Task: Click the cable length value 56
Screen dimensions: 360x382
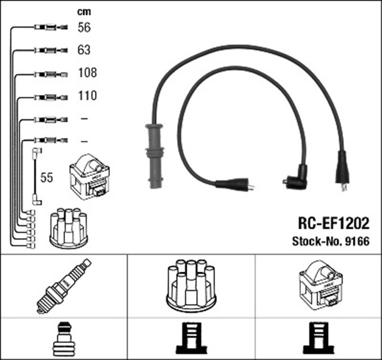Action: pos(84,27)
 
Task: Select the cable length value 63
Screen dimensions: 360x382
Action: pos(84,50)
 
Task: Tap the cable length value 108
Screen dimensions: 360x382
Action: pos(87,73)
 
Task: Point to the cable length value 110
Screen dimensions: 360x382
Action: pos(87,96)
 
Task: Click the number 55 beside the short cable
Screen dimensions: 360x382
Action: pos(47,177)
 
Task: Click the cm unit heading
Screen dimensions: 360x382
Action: pos(84,11)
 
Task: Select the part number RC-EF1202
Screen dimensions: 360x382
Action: pos(333,223)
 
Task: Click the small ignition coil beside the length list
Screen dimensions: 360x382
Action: pos(90,177)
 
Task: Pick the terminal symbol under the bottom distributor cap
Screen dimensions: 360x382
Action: pos(191,339)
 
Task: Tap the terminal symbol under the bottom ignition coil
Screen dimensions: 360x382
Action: pos(318,339)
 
